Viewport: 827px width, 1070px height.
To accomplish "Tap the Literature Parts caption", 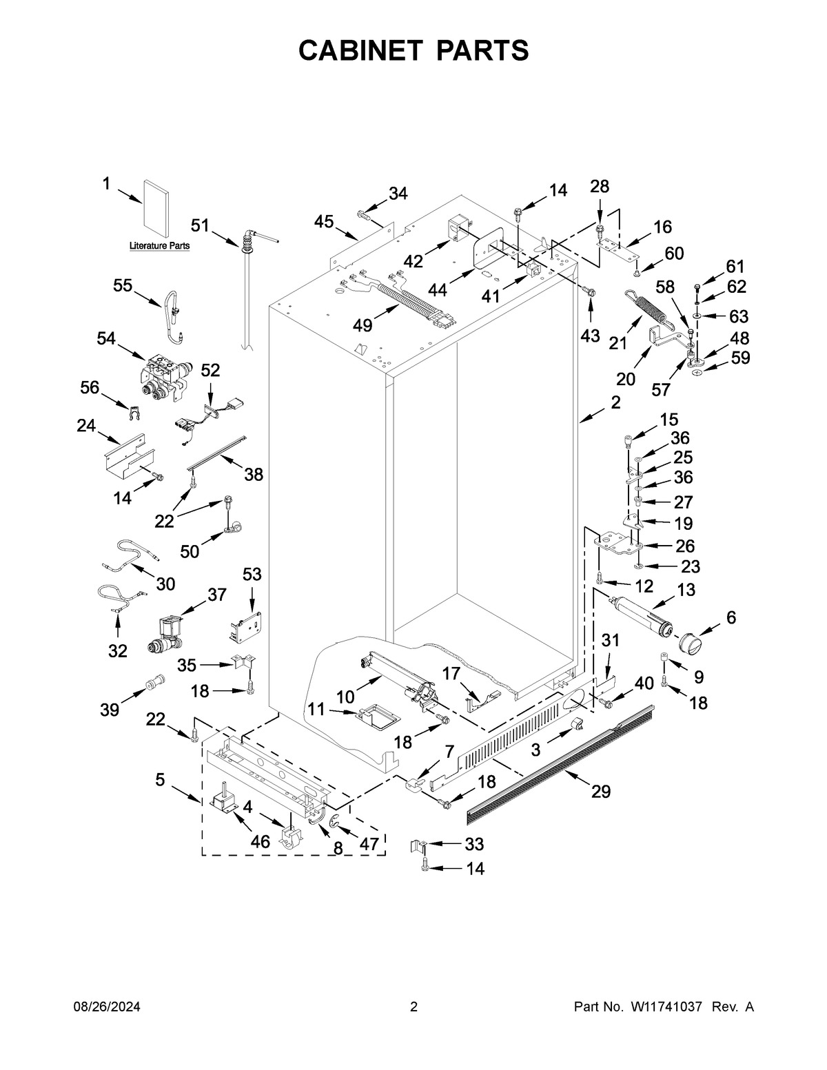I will [160, 246].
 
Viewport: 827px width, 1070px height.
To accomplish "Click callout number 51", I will [200, 225].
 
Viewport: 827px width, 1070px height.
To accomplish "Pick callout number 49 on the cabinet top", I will [363, 325].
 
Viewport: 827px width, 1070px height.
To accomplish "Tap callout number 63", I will [738, 316].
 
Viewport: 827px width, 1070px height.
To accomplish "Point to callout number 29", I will [601, 792].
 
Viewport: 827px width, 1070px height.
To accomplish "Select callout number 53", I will [252, 575].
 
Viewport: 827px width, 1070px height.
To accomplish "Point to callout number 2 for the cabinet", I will [615, 403].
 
